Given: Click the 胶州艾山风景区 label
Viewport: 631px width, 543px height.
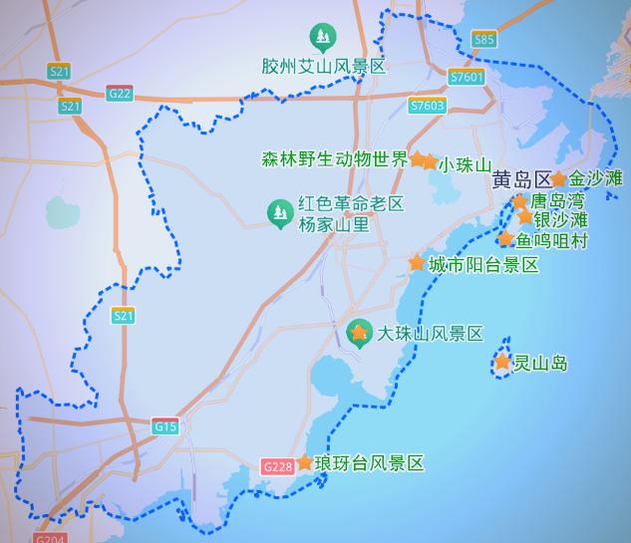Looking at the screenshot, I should point(322,67).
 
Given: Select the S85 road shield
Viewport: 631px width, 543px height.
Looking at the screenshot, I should point(483,39).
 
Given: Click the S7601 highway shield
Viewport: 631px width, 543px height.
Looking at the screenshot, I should point(467,77).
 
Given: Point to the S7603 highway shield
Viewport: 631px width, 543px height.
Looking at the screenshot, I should point(427,105).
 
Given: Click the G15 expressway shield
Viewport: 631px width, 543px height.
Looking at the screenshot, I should point(165,426).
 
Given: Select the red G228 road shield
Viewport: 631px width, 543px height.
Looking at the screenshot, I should point(277,465).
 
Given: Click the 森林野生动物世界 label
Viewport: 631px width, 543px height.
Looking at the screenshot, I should point(334,158).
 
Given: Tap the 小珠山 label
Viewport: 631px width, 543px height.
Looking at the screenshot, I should point(466,164).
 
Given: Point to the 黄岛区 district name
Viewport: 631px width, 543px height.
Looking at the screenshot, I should point(520,180).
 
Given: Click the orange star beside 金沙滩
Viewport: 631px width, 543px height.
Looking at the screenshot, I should point(559,179).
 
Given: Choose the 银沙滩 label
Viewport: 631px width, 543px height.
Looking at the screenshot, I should point(560,219).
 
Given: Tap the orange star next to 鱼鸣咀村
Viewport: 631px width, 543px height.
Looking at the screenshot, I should point(505,239).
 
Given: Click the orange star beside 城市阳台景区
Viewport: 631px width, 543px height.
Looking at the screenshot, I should point(417,263).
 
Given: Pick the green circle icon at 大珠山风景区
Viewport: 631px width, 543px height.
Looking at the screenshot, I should point(358,333).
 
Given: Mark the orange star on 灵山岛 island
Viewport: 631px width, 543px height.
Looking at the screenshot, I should point(502,363).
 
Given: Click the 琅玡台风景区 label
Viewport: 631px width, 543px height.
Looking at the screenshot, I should point(369,463).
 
